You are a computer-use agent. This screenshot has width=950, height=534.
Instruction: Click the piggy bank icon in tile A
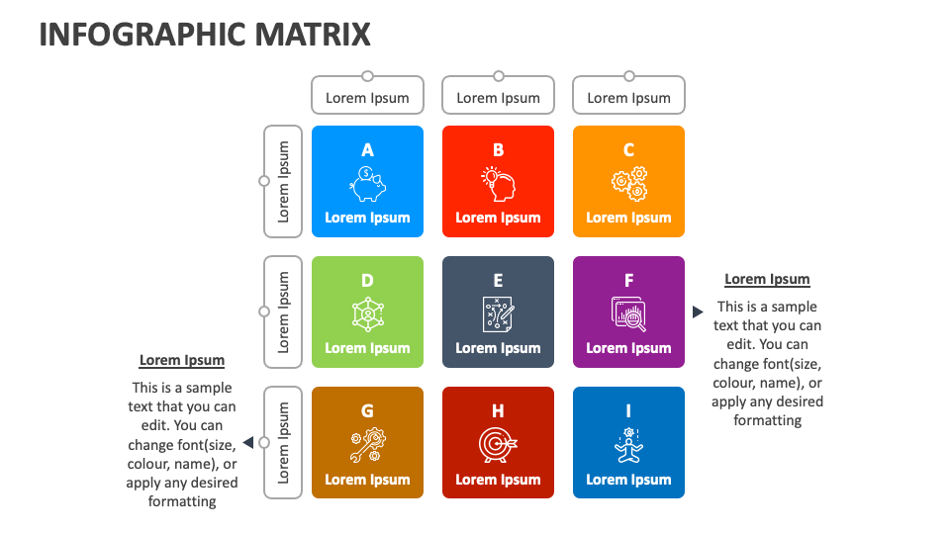[x=367, y=183]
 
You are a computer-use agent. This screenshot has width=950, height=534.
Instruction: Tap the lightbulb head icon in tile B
[x=498, y=183]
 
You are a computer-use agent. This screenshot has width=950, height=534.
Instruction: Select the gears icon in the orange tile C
[x=628, y=183]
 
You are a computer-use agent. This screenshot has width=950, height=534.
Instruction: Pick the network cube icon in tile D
[x=367, y=313]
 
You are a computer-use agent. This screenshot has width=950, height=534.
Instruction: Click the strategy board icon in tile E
[x=498, y=313]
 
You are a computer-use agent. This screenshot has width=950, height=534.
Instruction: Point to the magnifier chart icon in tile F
[x=628, y=313]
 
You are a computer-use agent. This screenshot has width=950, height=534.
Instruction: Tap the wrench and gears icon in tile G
[x=367, y=445]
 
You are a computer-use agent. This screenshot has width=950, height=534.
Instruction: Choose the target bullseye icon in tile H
[x=498, y=445]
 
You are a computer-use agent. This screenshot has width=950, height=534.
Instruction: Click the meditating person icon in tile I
[x=628, y=445]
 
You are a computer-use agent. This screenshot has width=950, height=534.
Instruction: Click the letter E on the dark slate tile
[x=498, y=281]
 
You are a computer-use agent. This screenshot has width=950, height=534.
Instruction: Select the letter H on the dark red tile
[x=498, y=411]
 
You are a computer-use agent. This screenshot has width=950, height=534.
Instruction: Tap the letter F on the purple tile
[x=628, y=281]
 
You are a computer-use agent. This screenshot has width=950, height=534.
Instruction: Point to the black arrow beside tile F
[x=698, y=311]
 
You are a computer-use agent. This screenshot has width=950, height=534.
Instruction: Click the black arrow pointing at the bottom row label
[x=248, y=442]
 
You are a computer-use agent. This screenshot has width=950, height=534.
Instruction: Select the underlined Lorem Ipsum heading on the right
[x=767, y=279]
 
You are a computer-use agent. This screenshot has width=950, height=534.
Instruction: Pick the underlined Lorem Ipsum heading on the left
[x=182, y=360]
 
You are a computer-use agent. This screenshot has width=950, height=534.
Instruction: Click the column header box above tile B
[x=498, y=97]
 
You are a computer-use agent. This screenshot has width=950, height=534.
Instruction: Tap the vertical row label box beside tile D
[x=283, y=312]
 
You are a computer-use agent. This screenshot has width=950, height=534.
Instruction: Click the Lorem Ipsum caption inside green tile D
[x=367, y=348]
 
